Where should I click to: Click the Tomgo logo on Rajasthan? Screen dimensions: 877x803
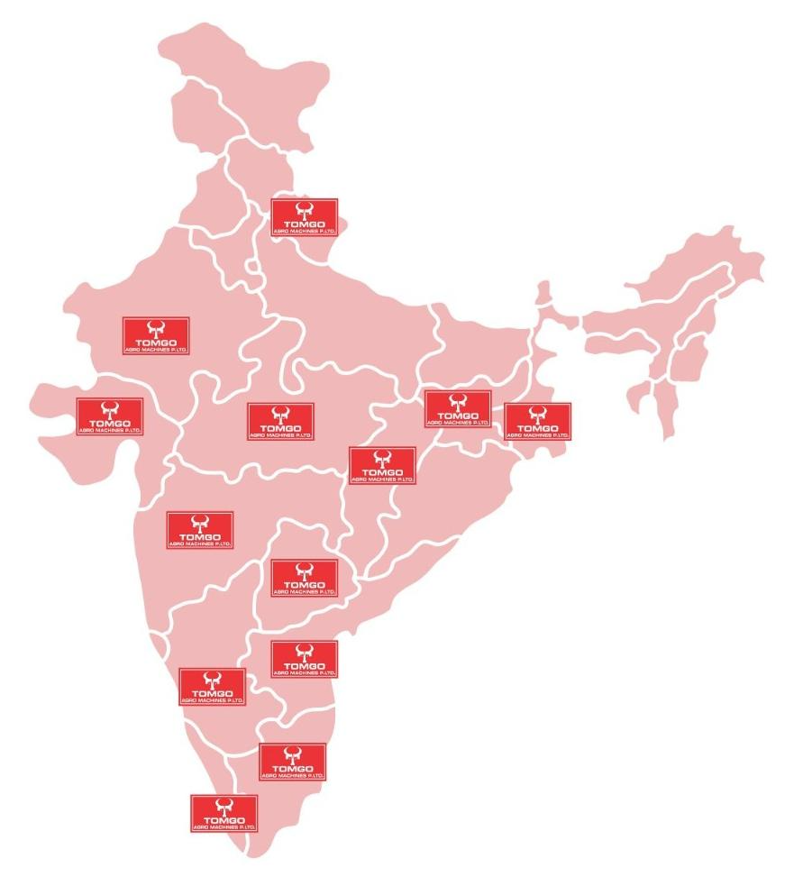click(x=156, y=335)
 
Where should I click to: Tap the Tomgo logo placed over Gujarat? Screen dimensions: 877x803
click(x=110, y=416)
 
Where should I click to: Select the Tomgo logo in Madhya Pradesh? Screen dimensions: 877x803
click(x=280, y=421)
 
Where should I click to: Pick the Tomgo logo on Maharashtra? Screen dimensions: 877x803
click(x=200, y=530)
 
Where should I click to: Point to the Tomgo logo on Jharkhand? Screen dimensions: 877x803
click(x=458, y=409)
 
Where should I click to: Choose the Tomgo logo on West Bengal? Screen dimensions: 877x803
click(x=537, y=421)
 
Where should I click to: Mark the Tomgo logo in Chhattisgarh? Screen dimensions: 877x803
click(x=382, y=465)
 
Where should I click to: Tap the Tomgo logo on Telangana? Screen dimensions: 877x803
click(x=305, y=578)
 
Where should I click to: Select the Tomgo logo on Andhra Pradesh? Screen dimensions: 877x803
click(x=305, y=659)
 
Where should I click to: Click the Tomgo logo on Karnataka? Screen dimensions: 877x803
click(x=213, y=687)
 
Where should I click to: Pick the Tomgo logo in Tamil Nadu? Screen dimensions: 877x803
click(x=292, y=762)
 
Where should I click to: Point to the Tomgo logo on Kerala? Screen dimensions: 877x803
click(x=224, y=813)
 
